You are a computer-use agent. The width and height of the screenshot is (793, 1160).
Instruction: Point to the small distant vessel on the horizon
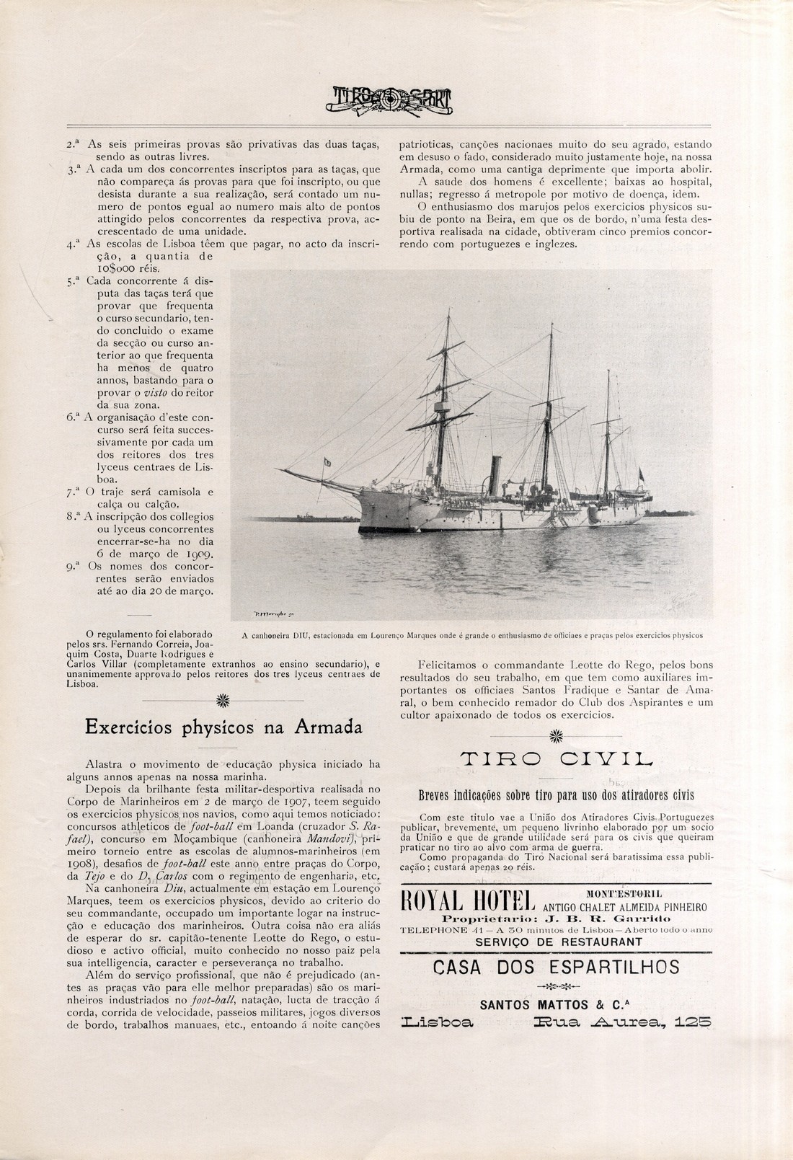tap(304, 516)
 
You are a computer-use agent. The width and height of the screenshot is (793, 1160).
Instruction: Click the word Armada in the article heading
tap(327, 727)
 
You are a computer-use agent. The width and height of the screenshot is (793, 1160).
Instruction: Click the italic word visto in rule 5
tap(156, 392)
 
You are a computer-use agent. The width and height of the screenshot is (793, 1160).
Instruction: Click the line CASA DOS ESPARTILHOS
tap(555, 967)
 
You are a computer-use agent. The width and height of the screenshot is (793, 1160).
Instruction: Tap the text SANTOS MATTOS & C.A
tap(555, 1004)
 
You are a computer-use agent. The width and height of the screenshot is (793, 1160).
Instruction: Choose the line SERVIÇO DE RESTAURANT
tap(555, 942)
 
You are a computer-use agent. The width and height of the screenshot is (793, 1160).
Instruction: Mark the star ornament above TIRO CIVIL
tap(555, 735)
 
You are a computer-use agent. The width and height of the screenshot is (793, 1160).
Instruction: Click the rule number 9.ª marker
tap(71, 566)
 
